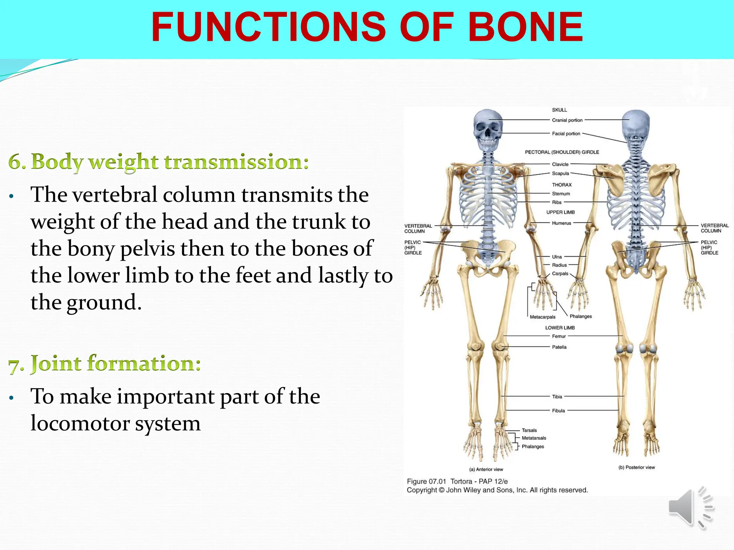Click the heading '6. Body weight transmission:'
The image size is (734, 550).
(x=158, y=162)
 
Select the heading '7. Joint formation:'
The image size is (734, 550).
(x=104, y=363)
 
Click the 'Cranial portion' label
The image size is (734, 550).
(x=567, y=120)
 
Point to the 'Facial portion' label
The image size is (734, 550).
(x=566, y=134)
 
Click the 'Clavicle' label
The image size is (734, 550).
(x=560, y=164)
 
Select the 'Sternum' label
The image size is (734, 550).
(x=561, y=194)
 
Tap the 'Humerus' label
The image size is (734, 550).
(x=561, y=223)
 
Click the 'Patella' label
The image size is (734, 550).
(x=559, y=347)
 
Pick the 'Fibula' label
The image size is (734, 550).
(x=558, y=411)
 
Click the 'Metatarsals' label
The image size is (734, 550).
(x=534, y=438)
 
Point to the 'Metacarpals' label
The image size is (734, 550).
(x=542, y=317)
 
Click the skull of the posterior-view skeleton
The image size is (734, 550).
(x=635, y=124)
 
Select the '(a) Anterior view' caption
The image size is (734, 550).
(x=486, y=469)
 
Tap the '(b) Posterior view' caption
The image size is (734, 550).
(x=637, y=467)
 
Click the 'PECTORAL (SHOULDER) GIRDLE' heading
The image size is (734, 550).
(x=562, y=152)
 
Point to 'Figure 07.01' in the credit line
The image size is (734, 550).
(x=426, y=482)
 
